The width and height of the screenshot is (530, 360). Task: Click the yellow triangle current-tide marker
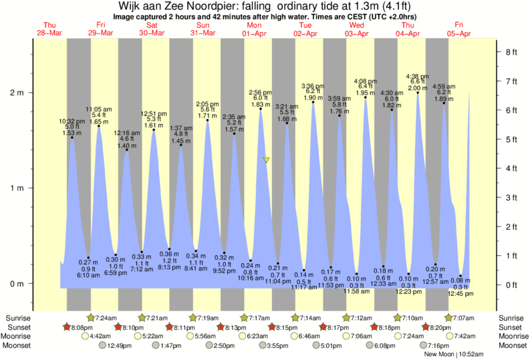pyautogui.click(x=266, y=160)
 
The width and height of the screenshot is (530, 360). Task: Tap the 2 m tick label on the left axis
pyautogui.click(x=15, y=93)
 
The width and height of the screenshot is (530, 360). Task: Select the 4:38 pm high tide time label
pyautogui.click(x=418, y=76)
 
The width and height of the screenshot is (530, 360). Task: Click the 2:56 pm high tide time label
pyautogui.click(x=260, y=92)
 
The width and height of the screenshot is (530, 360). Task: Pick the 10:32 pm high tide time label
pyautogui.click(x=72, y=121)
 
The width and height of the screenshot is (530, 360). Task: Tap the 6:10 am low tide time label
pyautogui.click(x=88, y=275)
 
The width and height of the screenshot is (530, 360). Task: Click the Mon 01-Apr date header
pyautogui.click(x=255, y=29)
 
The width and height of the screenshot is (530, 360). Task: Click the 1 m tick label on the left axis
pyautogui.click(x=15, y=188)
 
